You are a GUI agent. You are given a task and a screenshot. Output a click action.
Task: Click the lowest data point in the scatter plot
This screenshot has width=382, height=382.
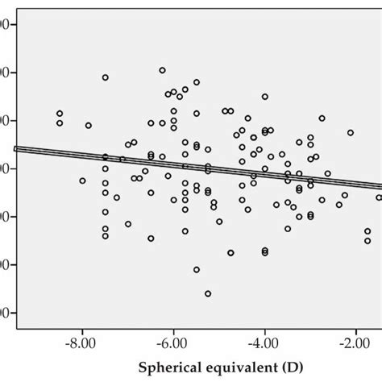208,294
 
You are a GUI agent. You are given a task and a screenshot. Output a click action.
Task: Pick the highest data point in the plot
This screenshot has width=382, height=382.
162,70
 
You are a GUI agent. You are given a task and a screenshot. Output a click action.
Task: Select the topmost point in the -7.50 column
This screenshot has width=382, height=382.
106,77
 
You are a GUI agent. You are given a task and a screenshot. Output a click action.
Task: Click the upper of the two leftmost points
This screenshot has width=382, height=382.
60,114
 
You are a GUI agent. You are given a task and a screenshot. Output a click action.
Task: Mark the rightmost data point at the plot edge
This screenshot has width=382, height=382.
379,197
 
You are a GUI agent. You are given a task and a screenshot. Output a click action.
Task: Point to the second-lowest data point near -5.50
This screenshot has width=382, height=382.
197,270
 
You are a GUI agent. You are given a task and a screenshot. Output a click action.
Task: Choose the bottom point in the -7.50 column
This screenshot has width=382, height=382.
106,236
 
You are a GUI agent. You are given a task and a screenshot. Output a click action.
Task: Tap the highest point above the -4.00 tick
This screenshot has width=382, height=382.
264,97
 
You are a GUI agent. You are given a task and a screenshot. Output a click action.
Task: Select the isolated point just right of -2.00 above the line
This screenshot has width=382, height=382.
351,132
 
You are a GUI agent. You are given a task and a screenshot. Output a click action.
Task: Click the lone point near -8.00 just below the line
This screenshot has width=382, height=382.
82,181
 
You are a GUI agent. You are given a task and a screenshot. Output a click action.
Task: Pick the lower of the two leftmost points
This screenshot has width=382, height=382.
60,123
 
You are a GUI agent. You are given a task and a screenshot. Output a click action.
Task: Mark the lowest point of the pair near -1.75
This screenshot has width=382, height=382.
367,241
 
